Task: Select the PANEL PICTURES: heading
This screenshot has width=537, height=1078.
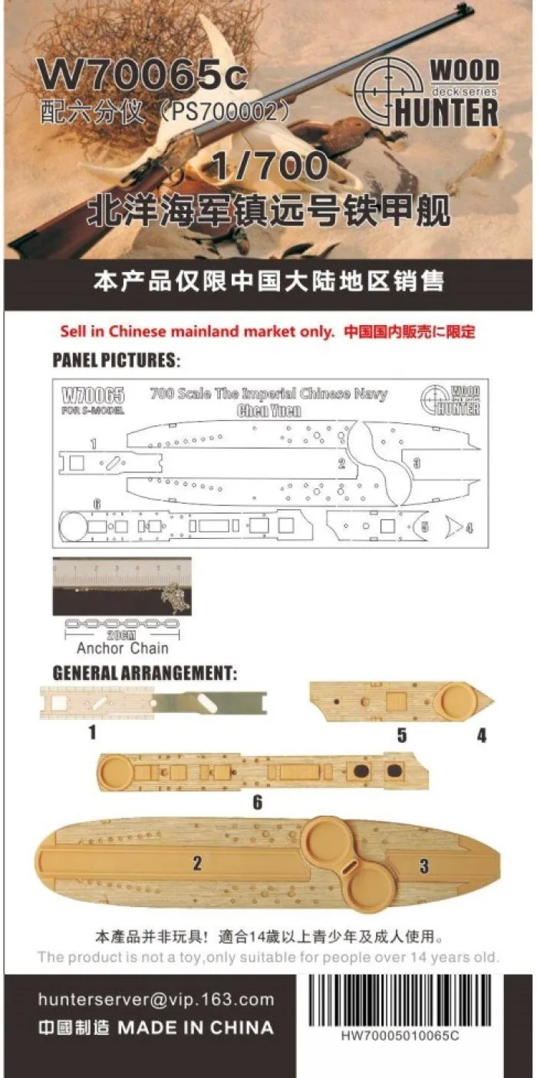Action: [x=114, y=359]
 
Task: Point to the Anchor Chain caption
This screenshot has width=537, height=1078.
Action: [x=122, y=648]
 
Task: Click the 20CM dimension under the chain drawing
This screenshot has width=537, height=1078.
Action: [x=122, y=636]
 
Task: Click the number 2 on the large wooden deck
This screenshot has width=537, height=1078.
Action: [x=196, y=864]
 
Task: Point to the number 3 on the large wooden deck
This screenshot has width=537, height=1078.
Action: [x=423, y=867]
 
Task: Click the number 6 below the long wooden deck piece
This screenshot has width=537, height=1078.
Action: [x=258, y=802]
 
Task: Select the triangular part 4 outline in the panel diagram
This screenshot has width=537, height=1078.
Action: [x=453, y=527]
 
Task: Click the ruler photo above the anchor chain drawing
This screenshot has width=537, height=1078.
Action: [x=122, y=586]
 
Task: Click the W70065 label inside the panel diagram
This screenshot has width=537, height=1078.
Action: [x=91, y=396]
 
